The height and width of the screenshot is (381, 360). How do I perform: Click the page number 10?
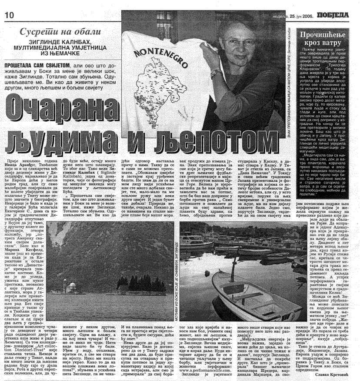(x=8, y=14)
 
